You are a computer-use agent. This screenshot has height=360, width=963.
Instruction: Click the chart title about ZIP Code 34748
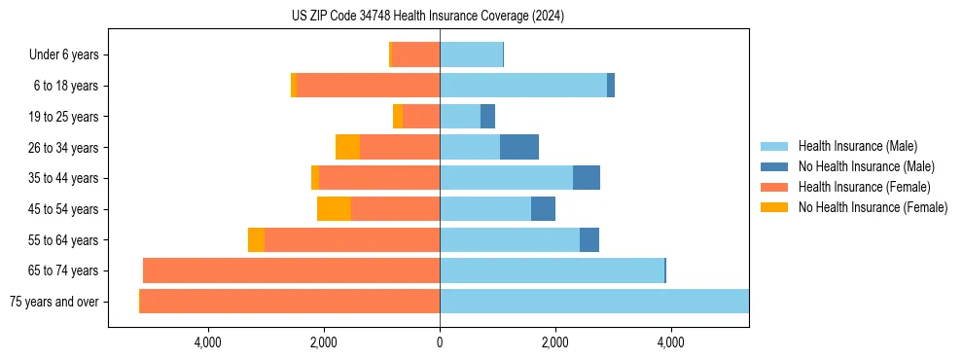tap(428, 17)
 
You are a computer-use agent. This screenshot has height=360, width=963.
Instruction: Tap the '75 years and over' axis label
tap(53, 302)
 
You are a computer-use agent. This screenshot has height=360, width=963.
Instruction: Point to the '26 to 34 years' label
tap(63, 148)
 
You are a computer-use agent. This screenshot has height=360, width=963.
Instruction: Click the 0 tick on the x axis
tap(440, 342)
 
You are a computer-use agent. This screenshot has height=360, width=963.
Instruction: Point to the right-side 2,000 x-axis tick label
tap(554, 342)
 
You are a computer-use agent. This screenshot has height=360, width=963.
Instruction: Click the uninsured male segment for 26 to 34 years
tap(519, 148)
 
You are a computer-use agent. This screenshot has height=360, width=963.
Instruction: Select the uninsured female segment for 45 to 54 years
tap(334, 209)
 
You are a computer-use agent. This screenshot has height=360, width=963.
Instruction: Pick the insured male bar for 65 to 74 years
tap(552, 270)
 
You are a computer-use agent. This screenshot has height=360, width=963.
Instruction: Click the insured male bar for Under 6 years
tap(471, 55)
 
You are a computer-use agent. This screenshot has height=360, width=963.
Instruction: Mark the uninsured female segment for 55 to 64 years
tap(256, 240)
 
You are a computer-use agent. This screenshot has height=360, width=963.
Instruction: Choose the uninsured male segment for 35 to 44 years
tap(587, 178)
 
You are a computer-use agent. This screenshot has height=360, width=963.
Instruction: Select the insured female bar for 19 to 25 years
tap(421, 117)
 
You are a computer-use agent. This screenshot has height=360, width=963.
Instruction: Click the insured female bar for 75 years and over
tap(290, 302)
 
